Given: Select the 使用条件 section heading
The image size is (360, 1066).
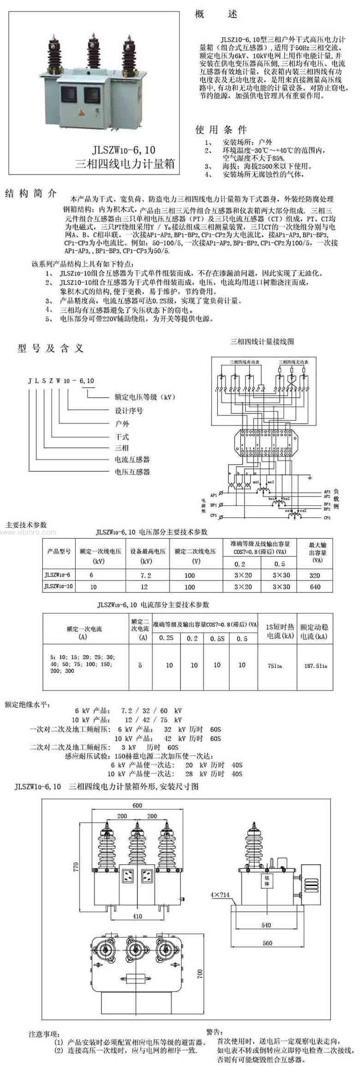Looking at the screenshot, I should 221,130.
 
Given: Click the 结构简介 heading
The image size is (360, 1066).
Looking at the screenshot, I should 30,193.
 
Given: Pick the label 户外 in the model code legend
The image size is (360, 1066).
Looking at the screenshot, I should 122,424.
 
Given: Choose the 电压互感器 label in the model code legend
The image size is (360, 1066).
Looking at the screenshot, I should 132,472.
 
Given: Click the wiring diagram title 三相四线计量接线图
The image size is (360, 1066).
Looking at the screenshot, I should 262,342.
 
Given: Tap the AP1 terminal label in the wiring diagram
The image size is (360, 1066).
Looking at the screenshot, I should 214,495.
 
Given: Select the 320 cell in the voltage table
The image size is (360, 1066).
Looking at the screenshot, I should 315,575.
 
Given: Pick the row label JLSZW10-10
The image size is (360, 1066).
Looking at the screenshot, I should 59,586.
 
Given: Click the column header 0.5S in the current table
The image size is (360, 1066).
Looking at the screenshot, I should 217,639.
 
